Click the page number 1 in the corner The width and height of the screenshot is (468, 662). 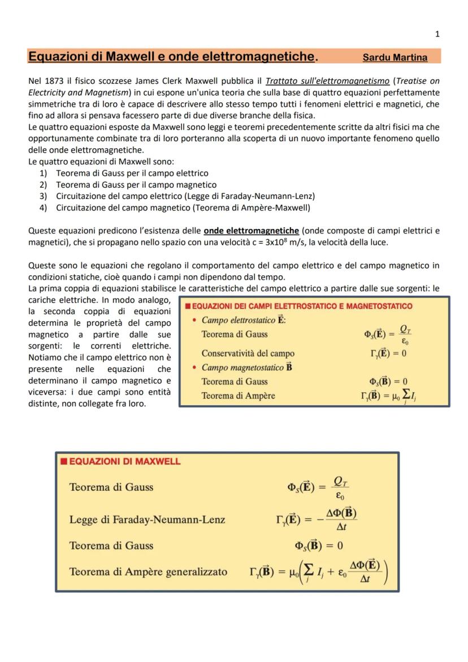[x=437, y=34]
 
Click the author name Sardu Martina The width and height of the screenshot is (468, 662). [x=395, y=58]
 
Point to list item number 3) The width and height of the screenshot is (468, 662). [x=43, y=196]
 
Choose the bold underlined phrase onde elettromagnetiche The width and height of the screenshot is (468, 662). [x=252, y=231]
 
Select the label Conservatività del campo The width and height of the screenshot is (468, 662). [x=248, y=353]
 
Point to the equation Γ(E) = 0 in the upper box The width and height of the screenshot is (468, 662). [x=384, y=354]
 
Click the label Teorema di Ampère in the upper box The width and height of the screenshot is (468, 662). [x=238, y=396]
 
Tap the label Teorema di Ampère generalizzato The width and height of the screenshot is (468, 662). [x=148, y=572]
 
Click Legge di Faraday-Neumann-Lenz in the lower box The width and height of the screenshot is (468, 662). [x=147, y=519]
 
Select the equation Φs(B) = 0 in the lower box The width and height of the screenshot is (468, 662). [x=319, y=546]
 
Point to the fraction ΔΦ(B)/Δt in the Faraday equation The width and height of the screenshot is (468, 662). [x=341, y=520]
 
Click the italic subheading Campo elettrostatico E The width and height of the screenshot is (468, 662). [x=244, y=321]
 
